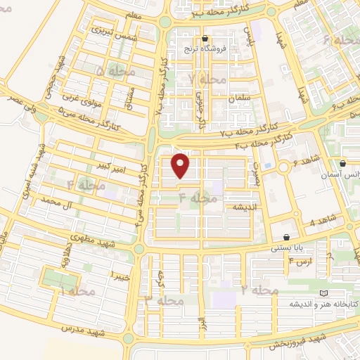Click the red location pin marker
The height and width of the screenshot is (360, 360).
coord(182,166)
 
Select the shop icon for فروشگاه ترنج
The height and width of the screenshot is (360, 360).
coord(205,39)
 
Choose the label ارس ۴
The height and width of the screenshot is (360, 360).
coord(298,262)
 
